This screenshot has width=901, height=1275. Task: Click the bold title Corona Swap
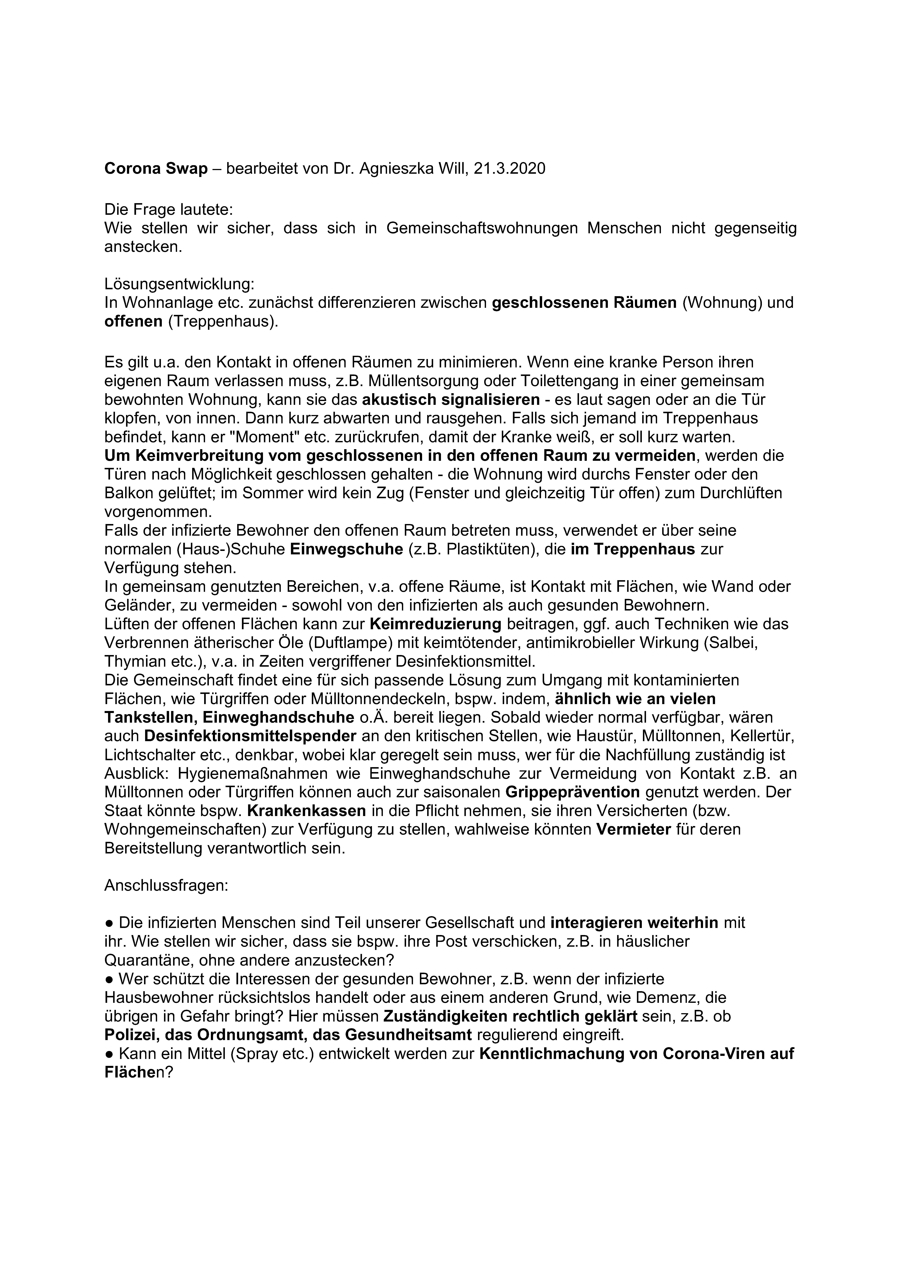[x=155, y=169]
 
